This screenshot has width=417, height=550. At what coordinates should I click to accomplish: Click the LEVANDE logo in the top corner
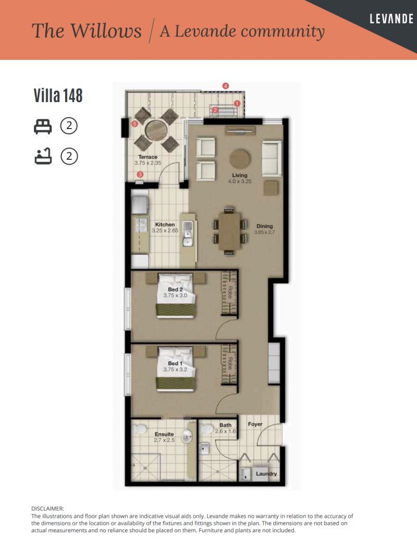pos(390,19)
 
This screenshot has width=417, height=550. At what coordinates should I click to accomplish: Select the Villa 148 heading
pos(58,96)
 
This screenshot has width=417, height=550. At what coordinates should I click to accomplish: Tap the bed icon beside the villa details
pos(42,126)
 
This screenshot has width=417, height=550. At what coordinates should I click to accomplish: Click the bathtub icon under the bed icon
pos(42,156)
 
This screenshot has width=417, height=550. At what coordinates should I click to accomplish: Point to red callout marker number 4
pos(226,85)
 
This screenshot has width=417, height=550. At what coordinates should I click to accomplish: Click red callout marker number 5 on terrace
pos(134,124)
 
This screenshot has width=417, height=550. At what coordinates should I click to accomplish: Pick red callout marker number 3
pos(140,174)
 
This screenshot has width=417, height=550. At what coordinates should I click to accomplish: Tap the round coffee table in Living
pos(240,157)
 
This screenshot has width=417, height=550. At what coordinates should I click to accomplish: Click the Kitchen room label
pos(165,224)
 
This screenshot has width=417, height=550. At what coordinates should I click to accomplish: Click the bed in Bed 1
pos(176,369)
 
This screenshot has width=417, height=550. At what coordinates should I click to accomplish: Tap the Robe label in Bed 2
pos(229,292)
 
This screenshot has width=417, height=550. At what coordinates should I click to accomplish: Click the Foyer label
pos(255,424)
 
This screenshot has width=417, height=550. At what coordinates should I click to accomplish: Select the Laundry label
pos(266,474)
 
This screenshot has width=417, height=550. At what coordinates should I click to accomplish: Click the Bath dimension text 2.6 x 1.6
pos(225,431)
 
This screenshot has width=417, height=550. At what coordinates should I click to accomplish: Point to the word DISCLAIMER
pos(47,508)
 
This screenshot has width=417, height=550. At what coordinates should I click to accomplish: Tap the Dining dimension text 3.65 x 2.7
pos(264,232)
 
